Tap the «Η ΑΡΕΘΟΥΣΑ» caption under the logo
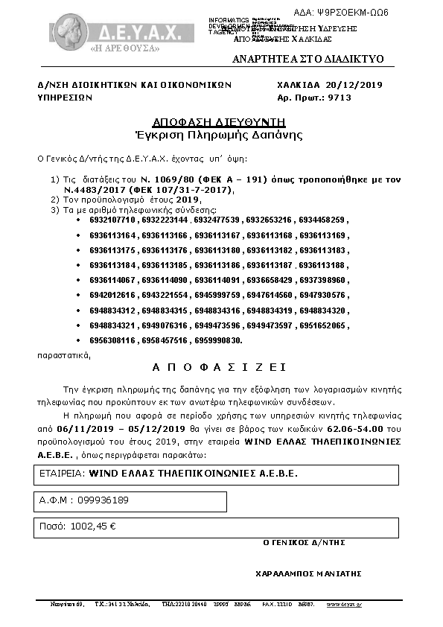click(x=125, y=48)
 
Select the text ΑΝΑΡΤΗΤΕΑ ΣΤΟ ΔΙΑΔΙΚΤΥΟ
click(x=307, y=59)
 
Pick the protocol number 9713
click(x=339, y=98)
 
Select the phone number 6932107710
click(x=112, y=221)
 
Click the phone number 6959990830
click(x=218, y=340)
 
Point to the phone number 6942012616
click(x=112, y=296)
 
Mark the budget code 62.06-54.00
click(x=354, y=430)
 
